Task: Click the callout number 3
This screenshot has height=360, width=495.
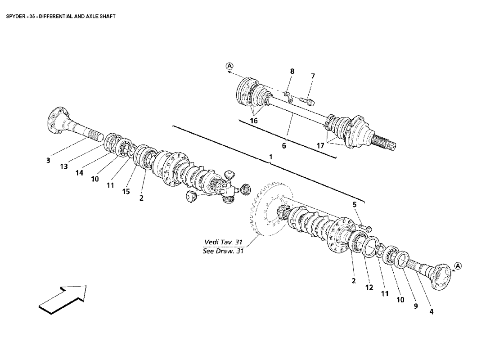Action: [48, 160]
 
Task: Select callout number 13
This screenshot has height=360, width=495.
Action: [64, 166]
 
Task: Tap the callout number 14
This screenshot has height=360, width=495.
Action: [79, 173]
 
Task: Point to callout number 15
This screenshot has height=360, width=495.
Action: [126, 192]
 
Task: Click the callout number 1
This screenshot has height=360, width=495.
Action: [270, 157]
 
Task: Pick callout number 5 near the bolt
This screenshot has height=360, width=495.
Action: [355, 205]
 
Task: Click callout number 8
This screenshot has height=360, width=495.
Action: [292, 72]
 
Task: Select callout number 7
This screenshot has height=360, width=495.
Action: [313, 76]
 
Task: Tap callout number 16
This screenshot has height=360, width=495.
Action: [254, 121]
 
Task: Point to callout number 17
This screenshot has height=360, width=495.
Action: [320, 146]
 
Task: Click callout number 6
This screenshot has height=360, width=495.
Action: [284, 146]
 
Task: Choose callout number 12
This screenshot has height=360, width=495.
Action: [369, 288]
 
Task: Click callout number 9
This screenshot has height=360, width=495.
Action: [416, 306]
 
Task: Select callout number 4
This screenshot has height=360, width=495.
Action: [431, 312]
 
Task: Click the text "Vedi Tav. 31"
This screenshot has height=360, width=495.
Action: [223, 242]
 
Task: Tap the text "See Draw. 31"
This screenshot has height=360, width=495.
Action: [223, 252]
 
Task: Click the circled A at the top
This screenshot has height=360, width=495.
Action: [229, 66]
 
